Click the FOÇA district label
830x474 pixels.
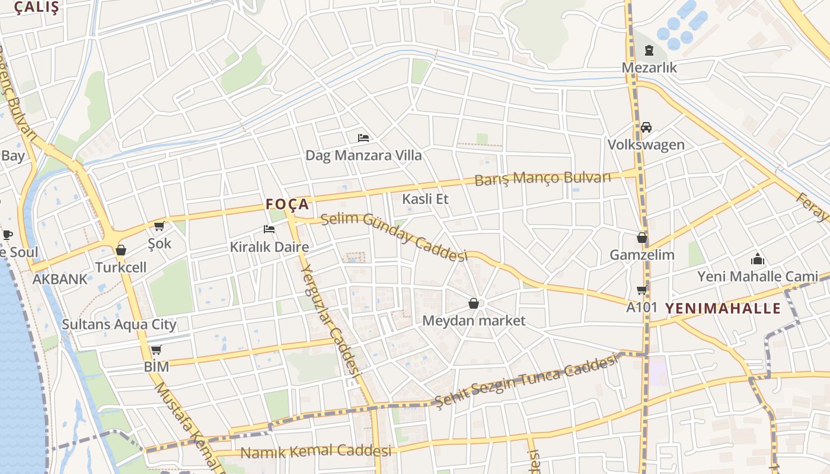pos(288,204)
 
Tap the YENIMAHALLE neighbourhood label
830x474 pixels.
pos(723,308)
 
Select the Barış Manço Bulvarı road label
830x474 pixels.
pos(542,178)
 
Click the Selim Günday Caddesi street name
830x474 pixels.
pos(394,236)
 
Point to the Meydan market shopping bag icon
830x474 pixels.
pos(474,304)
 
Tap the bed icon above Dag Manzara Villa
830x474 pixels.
pos(363,138)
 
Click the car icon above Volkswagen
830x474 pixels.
pos(646,127)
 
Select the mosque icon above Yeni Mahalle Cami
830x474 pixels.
pos(757,259)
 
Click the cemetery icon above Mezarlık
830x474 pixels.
pos(649,50)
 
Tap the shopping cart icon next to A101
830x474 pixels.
pos(641,290)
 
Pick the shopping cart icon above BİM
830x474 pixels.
pos(156,350)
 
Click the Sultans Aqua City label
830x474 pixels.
pos(119,324)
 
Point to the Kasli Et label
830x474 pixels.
pos(425,199)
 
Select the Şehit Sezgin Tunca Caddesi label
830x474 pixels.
pos(526,382)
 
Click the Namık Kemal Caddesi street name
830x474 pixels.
pos(315,451)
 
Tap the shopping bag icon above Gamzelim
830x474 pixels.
pos(641,238)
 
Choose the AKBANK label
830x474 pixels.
pos(60,279)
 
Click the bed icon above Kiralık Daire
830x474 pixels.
pos(269,229)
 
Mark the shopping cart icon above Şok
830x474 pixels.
pos(159,226)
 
